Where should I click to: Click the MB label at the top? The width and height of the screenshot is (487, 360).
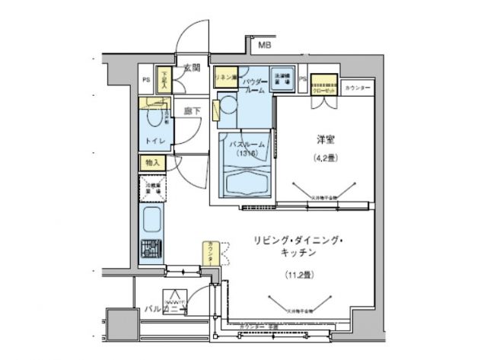pyautogui.click(x=263, y=46)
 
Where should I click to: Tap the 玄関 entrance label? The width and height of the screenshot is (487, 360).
pyautogui.click(x=191, y=68)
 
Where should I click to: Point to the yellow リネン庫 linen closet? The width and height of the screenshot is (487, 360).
pyautogui.click(x=225, y=78)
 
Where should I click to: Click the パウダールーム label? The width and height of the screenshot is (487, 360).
pyautogui.click(x=256, y=84)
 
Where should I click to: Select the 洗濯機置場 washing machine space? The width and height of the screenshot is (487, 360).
pyautogui.click(x=282, y=79)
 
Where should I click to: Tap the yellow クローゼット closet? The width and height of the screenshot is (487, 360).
pyautogui.click(x=323, y=83)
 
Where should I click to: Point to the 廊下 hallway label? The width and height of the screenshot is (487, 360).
pyautogui.click(x=193, y=111)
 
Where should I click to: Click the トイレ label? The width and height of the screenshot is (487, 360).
pyautogui.click(x=155, y=141)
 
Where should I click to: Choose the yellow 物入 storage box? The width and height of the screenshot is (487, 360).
pyautogui.click(x=152, y=163)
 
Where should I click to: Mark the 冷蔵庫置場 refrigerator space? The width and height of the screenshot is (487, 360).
pyautogui.click(x=151, y=187)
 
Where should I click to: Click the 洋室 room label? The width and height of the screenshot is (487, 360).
pyautogui.click(x=326, y=140)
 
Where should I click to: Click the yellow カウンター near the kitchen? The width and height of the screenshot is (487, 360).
pyautogui.click(x=209, y=253)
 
